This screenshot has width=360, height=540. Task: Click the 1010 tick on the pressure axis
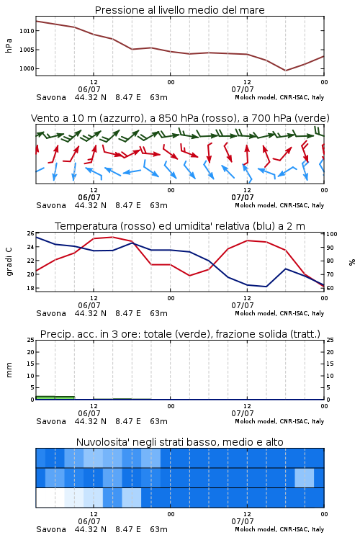click(27, 31)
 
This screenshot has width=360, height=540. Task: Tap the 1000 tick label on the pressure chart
click(27, 68)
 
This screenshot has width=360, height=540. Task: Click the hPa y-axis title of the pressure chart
click(9, 45)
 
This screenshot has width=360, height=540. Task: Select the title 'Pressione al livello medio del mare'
click(180, 10)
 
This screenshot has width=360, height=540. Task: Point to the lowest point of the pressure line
click(285, 71)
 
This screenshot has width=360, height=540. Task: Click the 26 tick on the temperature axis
click(30, 233)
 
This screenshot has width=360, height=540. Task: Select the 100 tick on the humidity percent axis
click(331, 234)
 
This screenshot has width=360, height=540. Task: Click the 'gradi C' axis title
click(9, 261)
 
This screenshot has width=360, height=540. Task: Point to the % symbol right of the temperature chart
click(352, 262)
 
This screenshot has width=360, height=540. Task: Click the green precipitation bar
click(55, 397)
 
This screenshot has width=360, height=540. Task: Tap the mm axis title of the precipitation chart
click(9, 369)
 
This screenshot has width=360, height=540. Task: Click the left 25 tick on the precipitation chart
click(30, 340)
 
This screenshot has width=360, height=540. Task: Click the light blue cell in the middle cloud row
click(304, 477)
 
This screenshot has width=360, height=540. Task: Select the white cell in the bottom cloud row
click(50, 498)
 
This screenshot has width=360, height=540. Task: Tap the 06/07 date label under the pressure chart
click(89, 89)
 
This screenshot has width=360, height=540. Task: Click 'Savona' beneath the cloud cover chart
click(51, 529)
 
